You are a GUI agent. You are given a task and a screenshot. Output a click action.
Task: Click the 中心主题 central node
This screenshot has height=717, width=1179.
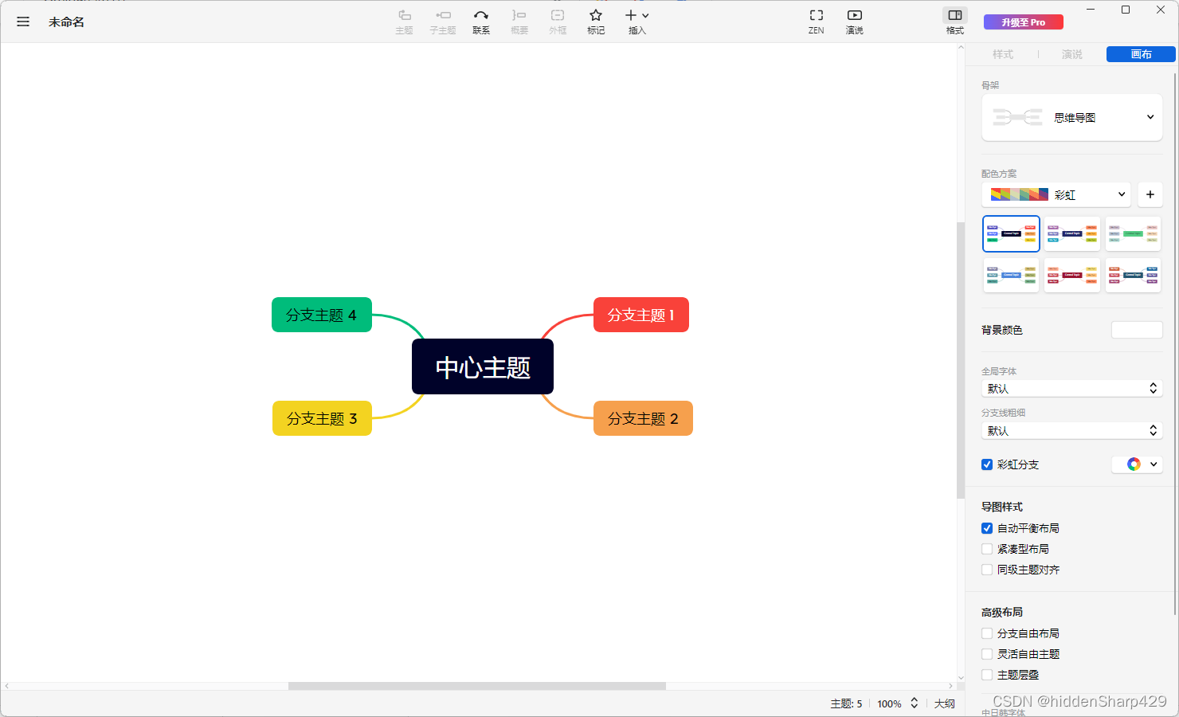coord(482,366)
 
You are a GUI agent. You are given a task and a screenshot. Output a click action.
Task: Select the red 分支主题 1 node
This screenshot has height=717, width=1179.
coord(640,315)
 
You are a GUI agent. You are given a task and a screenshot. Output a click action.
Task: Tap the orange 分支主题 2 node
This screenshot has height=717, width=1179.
coord(643,418)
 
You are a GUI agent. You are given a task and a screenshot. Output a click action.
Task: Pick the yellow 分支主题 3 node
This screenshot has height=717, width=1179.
coord(322,418)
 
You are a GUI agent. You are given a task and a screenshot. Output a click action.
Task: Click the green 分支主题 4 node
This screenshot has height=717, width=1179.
coord(322,315)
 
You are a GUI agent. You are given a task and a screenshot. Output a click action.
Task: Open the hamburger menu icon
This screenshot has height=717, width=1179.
coord(23,22)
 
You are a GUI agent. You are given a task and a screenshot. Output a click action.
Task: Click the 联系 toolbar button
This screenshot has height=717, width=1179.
coord(481,21)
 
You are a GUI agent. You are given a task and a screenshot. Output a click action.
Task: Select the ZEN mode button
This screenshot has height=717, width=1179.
coord(816,21)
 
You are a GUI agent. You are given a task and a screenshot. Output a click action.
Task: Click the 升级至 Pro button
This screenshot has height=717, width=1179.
coord(1023,22)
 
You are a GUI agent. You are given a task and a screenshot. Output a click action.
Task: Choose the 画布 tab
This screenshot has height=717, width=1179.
coord(1141,54)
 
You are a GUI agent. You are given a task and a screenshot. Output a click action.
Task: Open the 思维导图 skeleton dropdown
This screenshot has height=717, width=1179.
coord(1071,118)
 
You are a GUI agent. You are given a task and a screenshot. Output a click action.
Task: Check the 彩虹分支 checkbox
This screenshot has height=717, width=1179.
coord(987,464)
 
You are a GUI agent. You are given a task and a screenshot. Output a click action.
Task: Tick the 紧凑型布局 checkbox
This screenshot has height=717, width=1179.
coord(987,549)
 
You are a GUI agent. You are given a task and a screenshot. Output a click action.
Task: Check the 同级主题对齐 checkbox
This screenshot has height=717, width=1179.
coord(987,570)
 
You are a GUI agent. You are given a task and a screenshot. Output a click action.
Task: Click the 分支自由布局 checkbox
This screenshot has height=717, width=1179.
coord(987,633)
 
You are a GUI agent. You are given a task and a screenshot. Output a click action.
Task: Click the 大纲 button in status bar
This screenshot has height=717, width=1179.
coord(944,703)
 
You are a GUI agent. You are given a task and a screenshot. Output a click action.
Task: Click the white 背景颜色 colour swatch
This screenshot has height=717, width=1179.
coord(1137,330)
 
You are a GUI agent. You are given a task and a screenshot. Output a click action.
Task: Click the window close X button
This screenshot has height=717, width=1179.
coord(1161,10)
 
